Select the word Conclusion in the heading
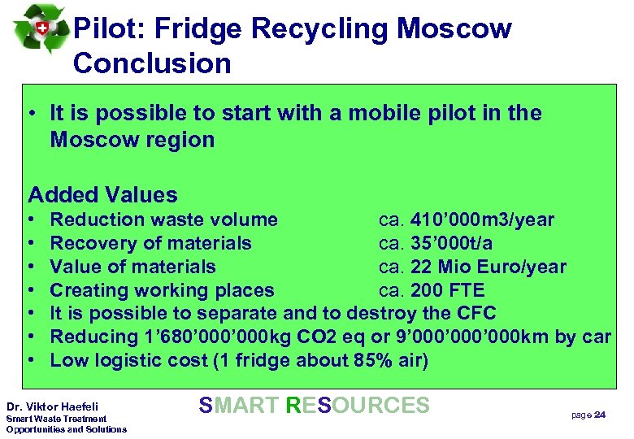coord(152,63)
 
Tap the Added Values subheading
coord(102,195)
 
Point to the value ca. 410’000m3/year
coord(467,219)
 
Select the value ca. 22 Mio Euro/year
coord(472,267)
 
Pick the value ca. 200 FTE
coord(432,290)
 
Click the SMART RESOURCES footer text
coord(314,405)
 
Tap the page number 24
coord(600,415)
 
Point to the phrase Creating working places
coord(163,290)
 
